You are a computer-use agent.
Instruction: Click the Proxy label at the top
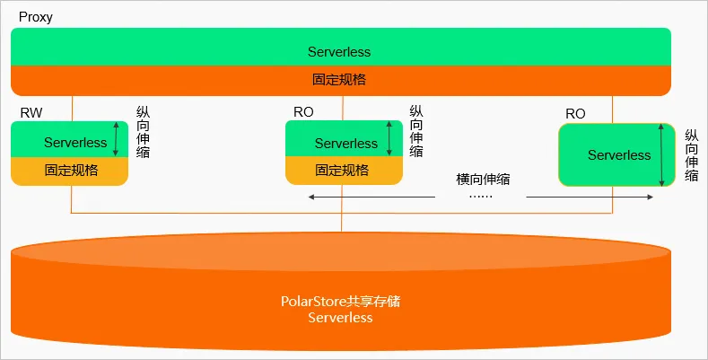35,17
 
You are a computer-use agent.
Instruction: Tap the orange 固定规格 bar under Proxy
340,80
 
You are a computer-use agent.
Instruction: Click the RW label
31,112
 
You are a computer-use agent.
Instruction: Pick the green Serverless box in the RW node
63,142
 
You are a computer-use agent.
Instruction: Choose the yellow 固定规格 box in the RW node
70,170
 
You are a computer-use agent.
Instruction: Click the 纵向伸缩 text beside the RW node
143,132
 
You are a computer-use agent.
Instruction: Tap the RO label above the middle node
303,112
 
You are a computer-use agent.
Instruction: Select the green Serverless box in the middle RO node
337,142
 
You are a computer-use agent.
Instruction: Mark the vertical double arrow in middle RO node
389,139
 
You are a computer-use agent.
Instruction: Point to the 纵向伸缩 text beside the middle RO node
416,132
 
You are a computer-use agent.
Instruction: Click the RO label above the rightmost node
575,114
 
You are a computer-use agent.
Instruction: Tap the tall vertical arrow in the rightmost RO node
661,155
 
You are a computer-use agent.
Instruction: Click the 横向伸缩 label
483,179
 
